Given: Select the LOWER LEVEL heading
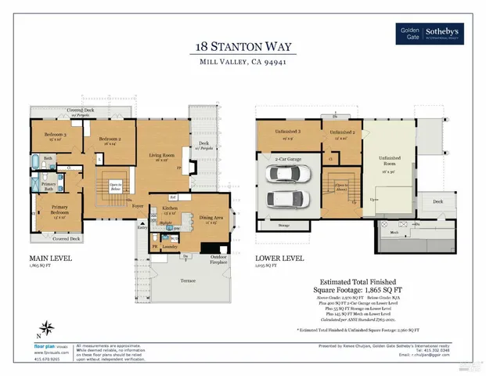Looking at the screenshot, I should [278, 257].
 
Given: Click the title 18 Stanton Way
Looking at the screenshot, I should [242, 46].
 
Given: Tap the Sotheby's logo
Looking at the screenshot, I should [445, 33].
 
